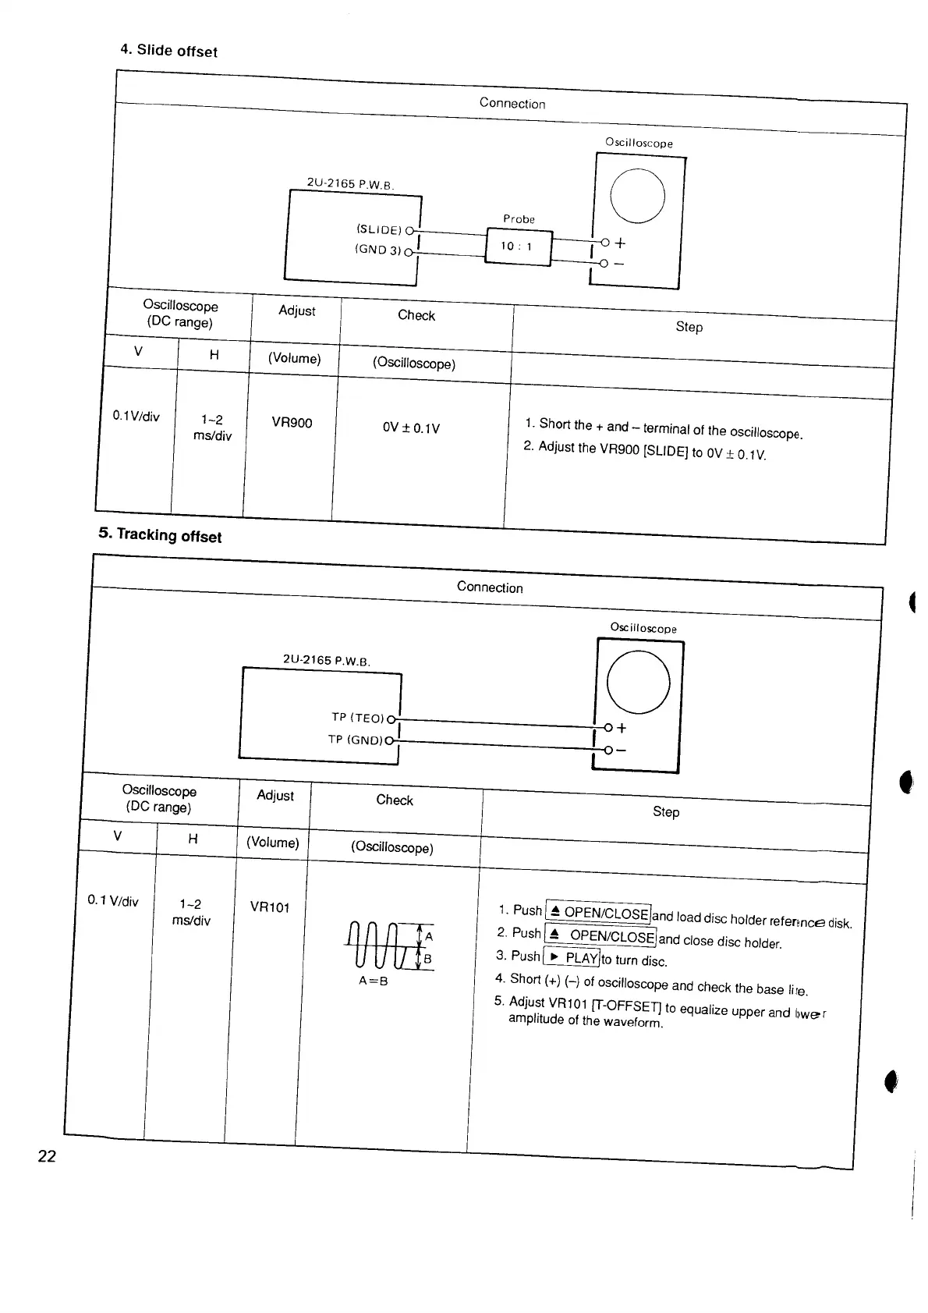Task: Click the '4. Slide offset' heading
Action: pyautogui.click(x=168, y=51)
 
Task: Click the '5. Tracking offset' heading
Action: pyautogui.click(x=160, y=535)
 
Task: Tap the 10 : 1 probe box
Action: pyautogui.click(x=518, y=247)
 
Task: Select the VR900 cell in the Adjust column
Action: pyautogui.click(x=292, y=423)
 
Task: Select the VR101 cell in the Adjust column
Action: pyautogui.click(x=270, y=907)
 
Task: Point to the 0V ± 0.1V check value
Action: pyautogui.click(x=411, y=428)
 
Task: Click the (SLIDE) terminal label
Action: pyautogui.click(x=378, y=229)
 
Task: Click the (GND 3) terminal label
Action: pyautogui.click(x=377, y=250)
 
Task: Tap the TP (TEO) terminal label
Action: pyautogui.click(x=357, y=718)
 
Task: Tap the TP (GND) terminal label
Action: pyautogui.click(x=356, y=739)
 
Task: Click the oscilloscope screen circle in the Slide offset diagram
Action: pyautogui.click(x=637, y=195)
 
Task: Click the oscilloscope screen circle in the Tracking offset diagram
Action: pyautogui.click(x=637, y=682)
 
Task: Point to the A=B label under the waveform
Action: pyautogui.click(x=373, y=981)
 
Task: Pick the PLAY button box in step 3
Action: pyautogui.click(x=571, y=957)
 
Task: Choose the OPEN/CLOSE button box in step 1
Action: pyautogui.click(x=598, y=912)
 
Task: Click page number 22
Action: pyautogui.click(x=47, y=1156)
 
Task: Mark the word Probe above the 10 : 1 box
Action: pyautogui.click(x=519, y=219)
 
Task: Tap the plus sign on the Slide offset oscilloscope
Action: pyautogui.click(x=620, y=243)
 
